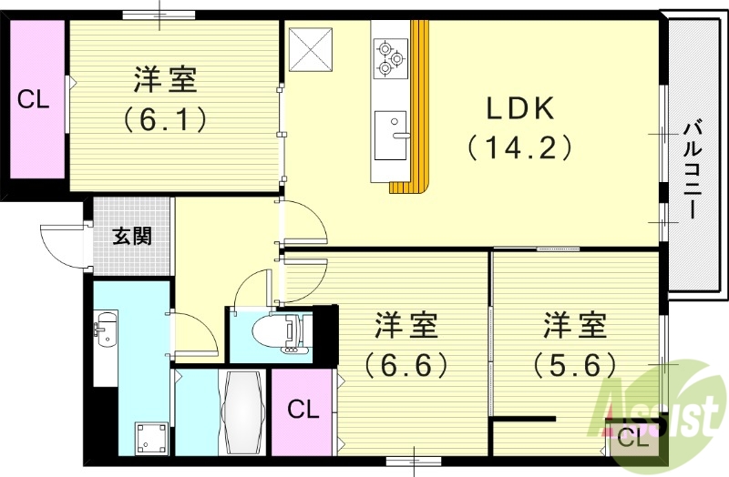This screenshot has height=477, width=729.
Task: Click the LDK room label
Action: click(x=519, y=108)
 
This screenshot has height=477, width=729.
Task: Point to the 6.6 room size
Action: click(x=406, y=364)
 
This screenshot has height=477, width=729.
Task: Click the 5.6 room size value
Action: click(x=575, y=364)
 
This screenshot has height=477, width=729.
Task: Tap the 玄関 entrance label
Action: click(x=132, y=237)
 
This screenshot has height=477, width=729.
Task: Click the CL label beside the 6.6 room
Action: click(x=303, y=410)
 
